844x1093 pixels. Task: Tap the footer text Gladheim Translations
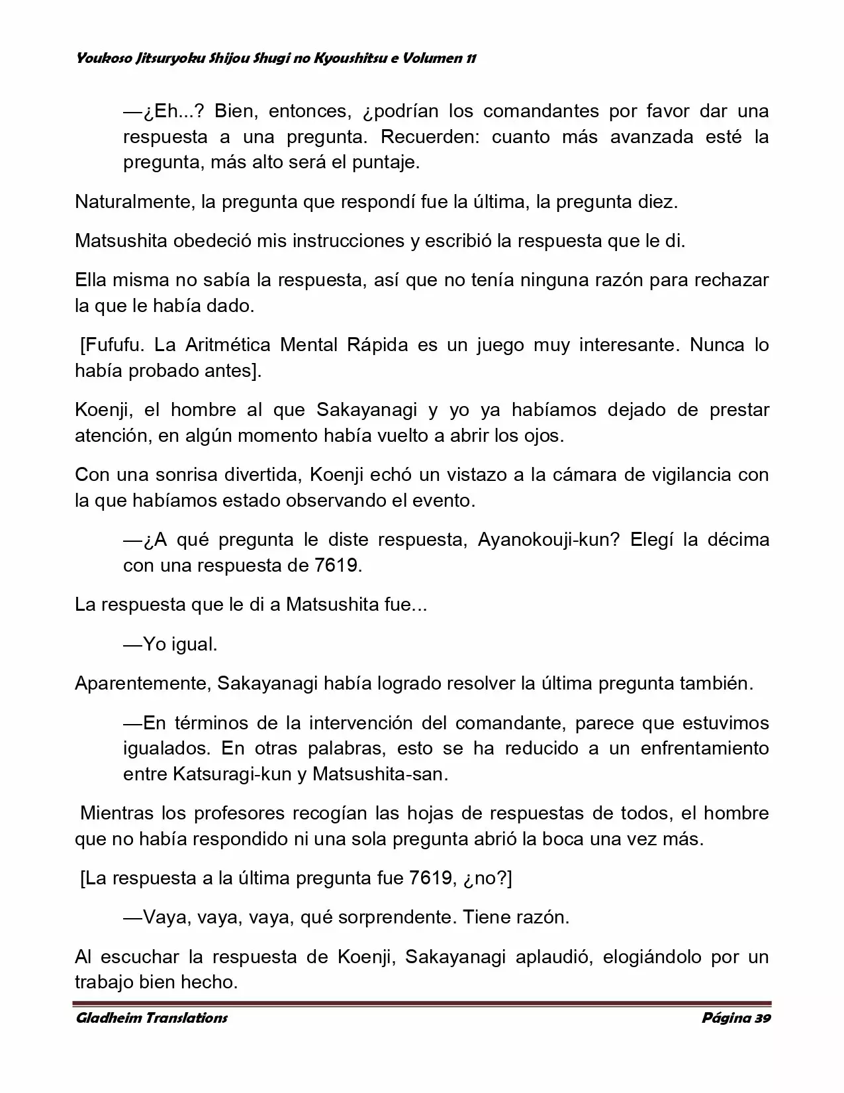pyautogui.click(x=152, y=1017)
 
